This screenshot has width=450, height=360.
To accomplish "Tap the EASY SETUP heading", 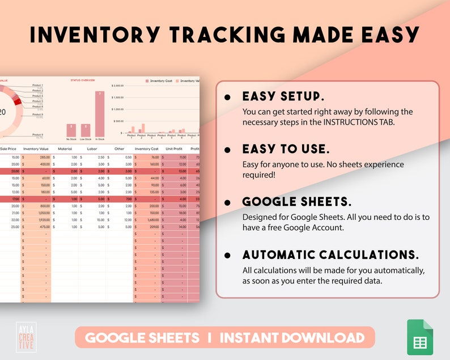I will pos(283,96).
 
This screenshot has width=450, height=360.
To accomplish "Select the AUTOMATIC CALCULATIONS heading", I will pos(331,255).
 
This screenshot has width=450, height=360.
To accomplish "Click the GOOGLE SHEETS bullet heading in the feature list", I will pos(297,202).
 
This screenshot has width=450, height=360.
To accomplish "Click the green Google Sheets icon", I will pos(420,339).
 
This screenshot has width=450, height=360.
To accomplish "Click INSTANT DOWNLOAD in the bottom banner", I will pos(292,338).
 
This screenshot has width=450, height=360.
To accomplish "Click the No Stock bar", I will pos(71,130).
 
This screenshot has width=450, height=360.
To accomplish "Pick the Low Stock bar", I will pos(86,130).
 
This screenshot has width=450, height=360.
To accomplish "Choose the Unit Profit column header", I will pos(173,149).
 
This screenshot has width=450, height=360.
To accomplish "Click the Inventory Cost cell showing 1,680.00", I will pos(148,219).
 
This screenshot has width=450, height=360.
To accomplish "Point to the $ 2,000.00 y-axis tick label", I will pos(118,86).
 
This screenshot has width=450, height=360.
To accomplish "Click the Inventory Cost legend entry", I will pos(159,81).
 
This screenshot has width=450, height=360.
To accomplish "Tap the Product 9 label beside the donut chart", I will pos(37,135).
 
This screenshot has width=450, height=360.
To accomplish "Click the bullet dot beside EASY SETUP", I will pos(227,97).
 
